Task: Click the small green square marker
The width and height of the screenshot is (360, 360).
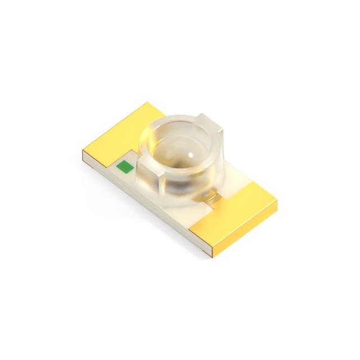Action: pos(123,166)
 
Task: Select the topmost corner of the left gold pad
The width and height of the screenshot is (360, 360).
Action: pos(147,103)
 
